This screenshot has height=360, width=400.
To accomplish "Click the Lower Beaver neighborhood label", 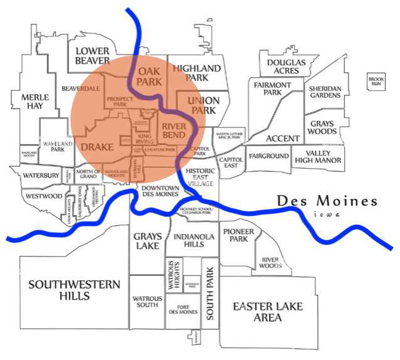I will point(92,56).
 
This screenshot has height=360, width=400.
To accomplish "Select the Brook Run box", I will point(376,80).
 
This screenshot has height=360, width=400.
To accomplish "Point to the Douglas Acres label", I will point(286,67).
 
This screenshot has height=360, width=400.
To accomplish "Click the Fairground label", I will point(268,156).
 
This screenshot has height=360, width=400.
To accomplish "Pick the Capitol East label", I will point(231,162).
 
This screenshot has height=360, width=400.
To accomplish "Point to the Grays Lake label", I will point(148,241).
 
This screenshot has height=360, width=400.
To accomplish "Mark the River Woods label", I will point(270,262).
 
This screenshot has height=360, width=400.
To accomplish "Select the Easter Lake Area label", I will point(268,312).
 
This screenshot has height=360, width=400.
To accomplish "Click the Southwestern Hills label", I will point(74,290).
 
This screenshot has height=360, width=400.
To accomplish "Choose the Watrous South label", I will point(146,302).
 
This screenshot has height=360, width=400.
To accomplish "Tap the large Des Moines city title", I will point(327,201).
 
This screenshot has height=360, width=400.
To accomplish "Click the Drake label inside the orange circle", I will point(97,147).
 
